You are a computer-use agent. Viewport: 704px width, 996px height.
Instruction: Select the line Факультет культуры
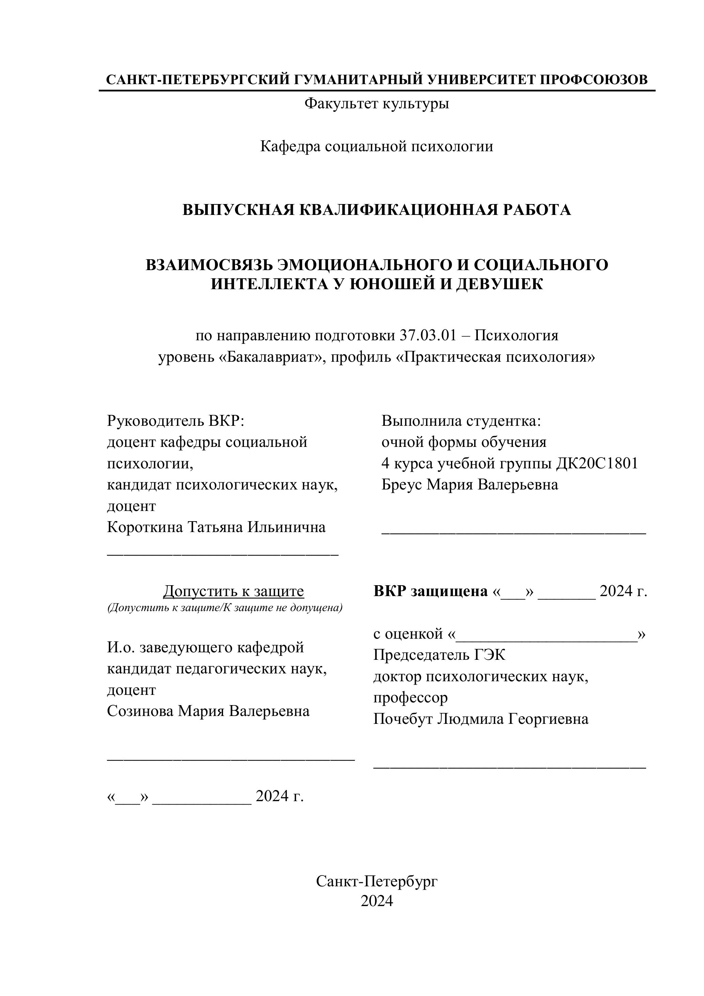[376, 104]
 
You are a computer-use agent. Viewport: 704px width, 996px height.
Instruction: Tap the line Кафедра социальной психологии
[376, 146]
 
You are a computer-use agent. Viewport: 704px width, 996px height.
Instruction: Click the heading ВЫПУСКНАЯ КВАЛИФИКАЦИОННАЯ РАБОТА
[376, 210]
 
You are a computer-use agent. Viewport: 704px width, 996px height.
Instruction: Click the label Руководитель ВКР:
[176, 421]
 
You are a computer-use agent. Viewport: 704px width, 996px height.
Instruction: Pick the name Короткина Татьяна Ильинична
[216, 528]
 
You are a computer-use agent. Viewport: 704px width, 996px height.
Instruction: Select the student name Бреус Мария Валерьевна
[470, 485]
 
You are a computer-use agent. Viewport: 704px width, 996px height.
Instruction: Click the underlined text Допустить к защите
[233, 591]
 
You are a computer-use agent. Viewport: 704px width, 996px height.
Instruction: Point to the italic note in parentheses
[225, 608]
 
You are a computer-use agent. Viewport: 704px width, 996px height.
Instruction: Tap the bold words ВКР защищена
[430, 591]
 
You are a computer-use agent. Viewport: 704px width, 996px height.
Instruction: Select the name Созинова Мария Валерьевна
[208, 711]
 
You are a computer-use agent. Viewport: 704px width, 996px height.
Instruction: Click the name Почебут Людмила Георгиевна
[481, 719]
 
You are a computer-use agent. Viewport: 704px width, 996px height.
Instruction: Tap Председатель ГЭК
[439, 655]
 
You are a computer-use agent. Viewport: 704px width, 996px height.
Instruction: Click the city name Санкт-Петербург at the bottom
[376, 881]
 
